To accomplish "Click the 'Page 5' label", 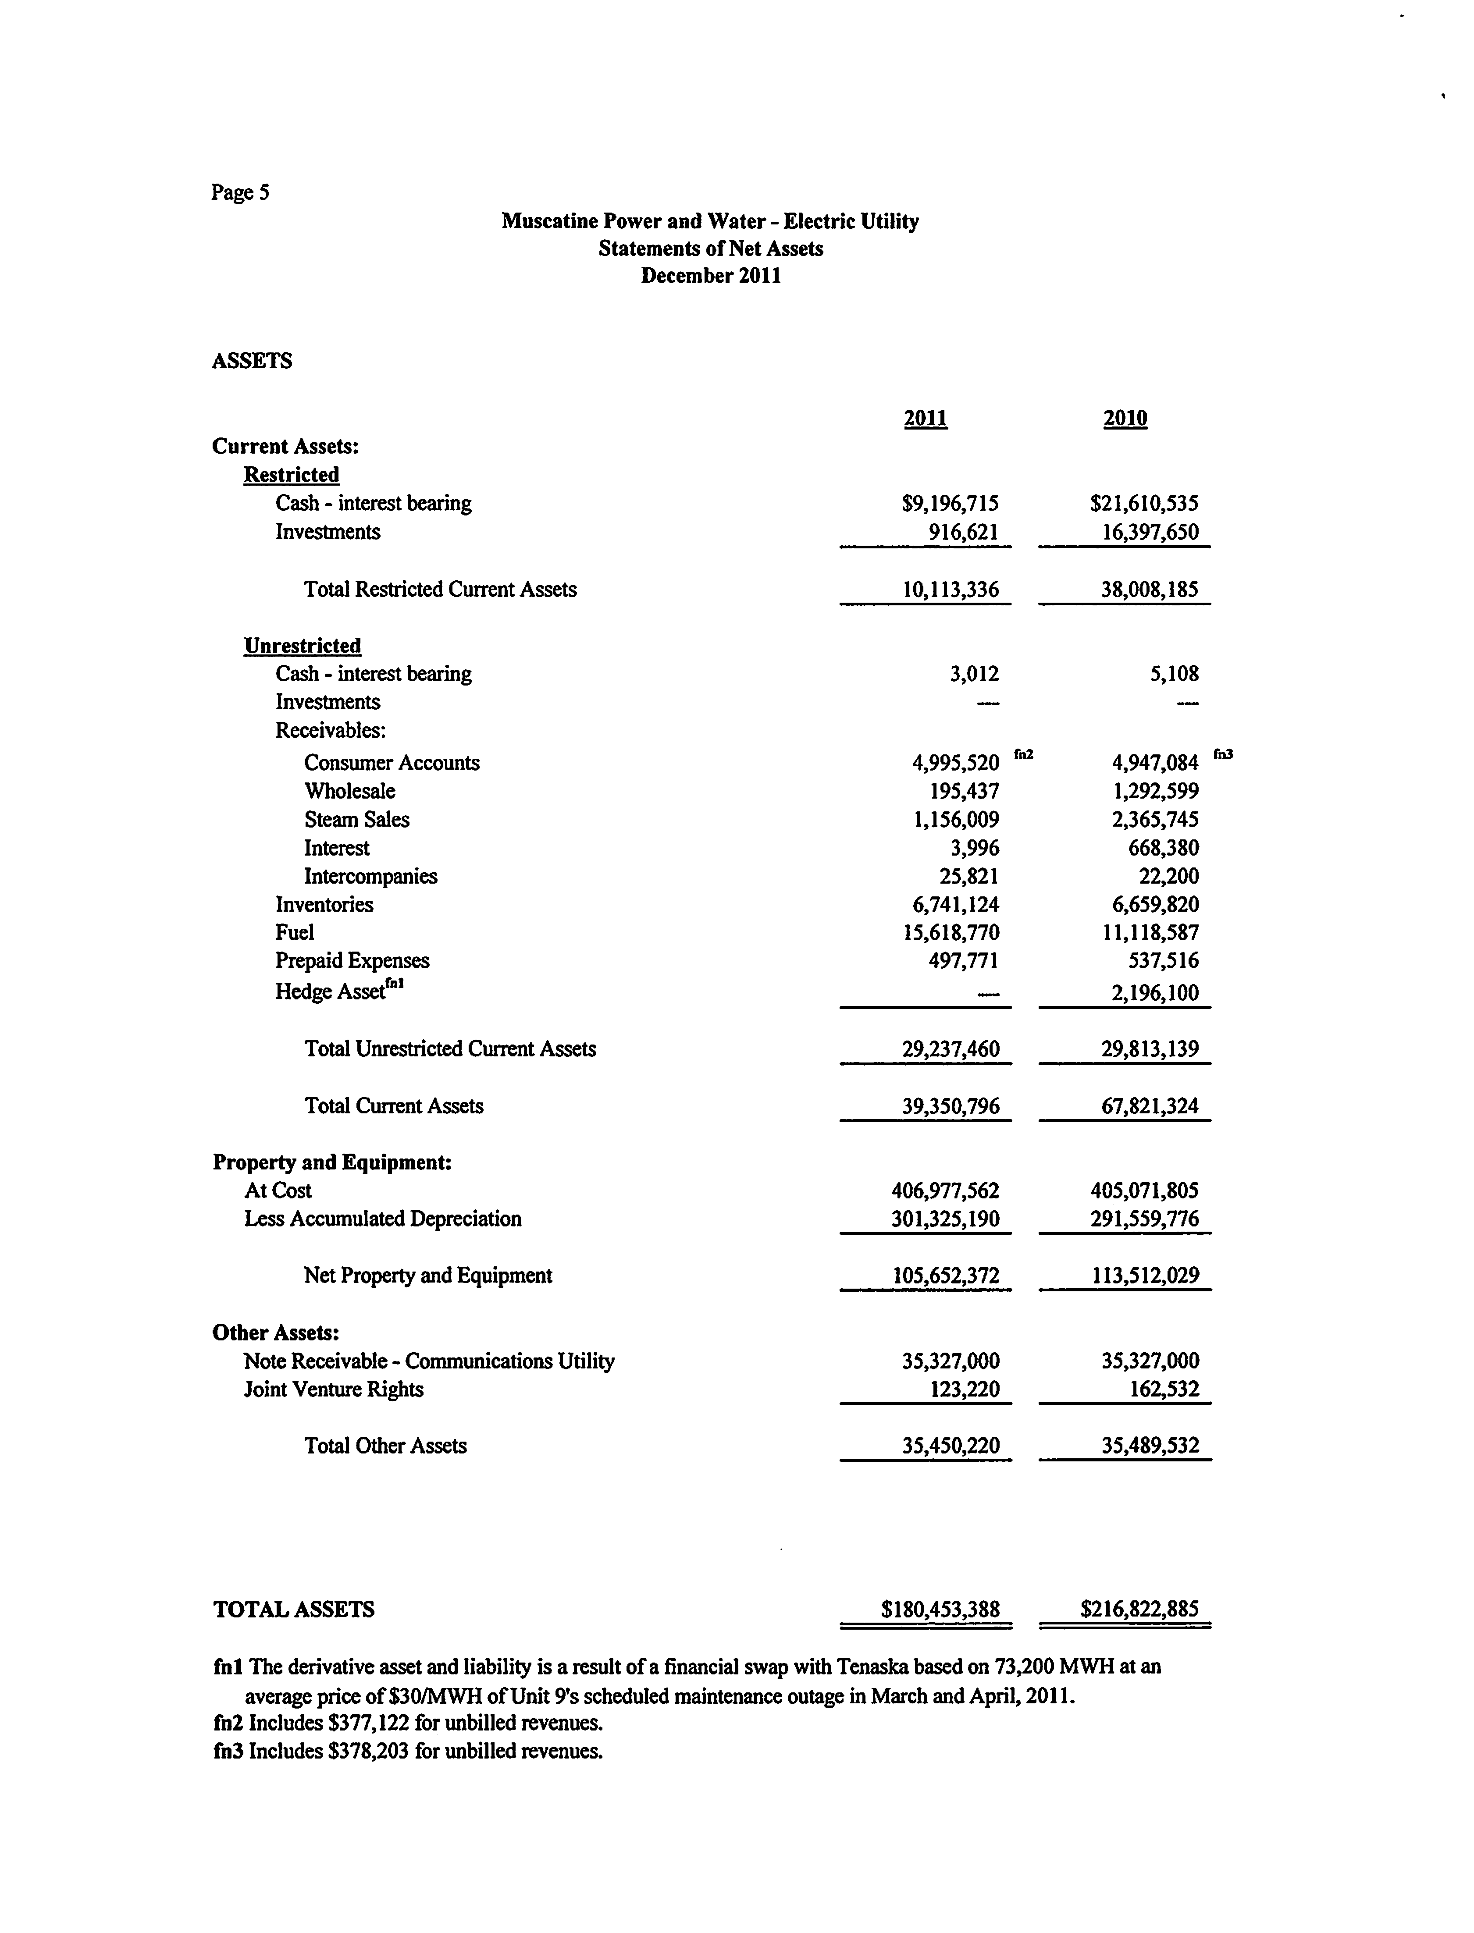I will (x=239, y=192).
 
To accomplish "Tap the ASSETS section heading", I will (x=252, y=360).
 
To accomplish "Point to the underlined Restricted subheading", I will (x=291, y=474).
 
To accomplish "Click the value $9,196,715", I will (x=950, y=504).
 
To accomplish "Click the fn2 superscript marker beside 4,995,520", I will (x=1023, y=753).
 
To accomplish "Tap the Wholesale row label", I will (x=349, y=791).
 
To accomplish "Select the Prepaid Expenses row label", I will (x=352, y=960).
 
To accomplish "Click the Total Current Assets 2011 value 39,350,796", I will (x=950, y=1106).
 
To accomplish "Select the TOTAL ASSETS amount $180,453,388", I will (x=940, y=1610).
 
